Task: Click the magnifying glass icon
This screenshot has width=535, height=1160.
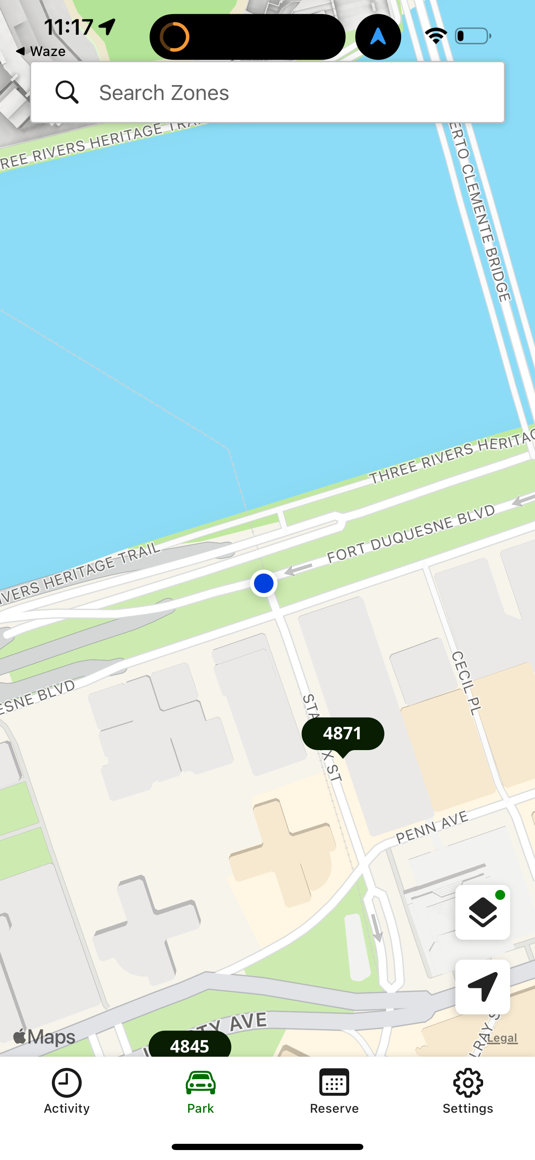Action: click(67, 93)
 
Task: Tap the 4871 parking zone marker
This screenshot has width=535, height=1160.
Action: click(343, 734)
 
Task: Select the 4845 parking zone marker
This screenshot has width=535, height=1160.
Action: click(190, 1045)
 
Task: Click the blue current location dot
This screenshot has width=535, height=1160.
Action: click(263, 583)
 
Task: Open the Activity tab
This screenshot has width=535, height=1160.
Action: click(67, 1091)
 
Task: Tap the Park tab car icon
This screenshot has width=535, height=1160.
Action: click(200, 1083)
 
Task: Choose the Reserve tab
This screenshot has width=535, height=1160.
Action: click(334, 1091)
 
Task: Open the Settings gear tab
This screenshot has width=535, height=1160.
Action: click(468, 1091)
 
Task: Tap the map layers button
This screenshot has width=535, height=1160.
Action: click(482, 912)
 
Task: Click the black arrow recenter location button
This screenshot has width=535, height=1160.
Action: click(482, 987)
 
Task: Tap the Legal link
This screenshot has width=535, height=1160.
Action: click(502, 1038)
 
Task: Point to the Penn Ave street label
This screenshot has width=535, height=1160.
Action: click(432, 827)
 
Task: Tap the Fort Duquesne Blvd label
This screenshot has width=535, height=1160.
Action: click(411, 534)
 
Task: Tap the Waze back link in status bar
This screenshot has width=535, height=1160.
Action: click(41, 51)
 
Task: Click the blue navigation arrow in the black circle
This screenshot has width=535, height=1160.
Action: click(378, 37)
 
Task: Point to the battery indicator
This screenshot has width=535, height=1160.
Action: click(472, 36)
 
